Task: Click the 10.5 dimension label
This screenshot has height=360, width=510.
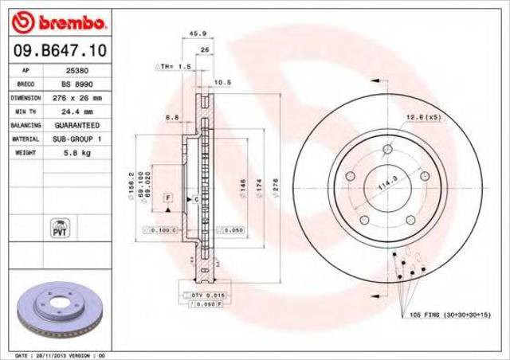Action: [223, 82]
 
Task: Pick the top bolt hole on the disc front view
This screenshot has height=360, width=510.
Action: [388, 149]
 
